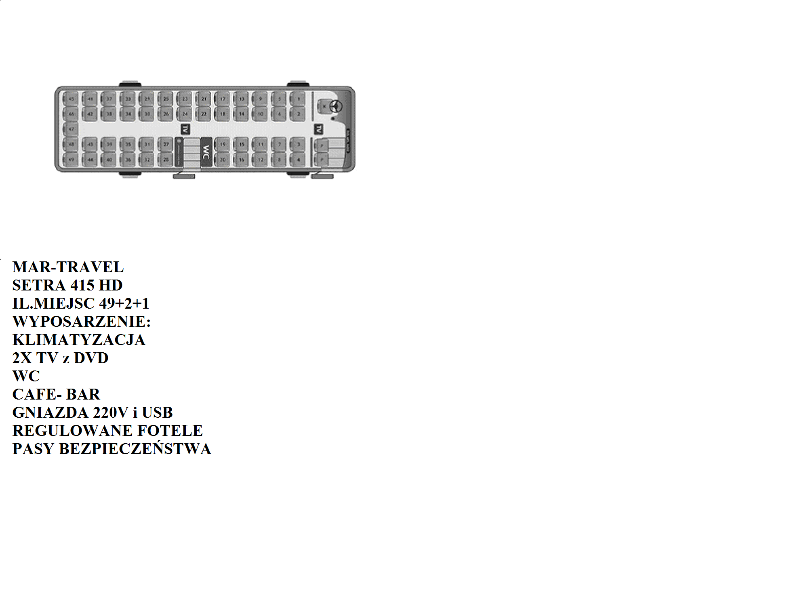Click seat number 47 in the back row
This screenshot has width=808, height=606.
point(71,129)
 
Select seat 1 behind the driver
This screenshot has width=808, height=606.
point(299,99)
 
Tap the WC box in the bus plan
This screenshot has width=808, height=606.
point(206,152)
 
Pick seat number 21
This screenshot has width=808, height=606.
point(204,99)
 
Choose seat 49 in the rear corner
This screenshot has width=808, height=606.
point(71,160)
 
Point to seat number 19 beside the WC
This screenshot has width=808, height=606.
point(223,144)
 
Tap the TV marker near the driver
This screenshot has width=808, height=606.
point(319,129)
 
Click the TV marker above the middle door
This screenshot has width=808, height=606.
point(185,129)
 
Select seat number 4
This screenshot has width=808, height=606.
point(299,160)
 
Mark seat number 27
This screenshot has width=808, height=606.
point(166,144)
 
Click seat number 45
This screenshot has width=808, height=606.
point(71,99)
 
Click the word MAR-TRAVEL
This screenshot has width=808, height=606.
point(68,267)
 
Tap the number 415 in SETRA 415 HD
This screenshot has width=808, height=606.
point(82,285)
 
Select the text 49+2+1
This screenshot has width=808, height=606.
point(124,303)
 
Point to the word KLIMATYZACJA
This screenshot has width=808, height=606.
point(79,340)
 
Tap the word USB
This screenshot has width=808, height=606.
point(157,412)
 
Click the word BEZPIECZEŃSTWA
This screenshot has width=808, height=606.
point(135,449)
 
